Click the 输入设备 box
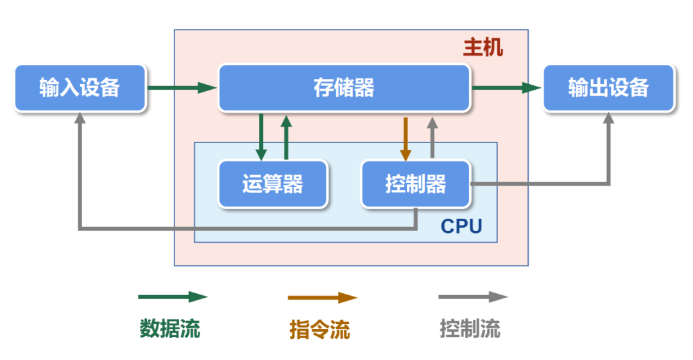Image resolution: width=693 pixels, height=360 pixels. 80,88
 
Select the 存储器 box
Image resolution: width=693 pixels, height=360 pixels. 344,88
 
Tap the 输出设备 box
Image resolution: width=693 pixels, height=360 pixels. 608,88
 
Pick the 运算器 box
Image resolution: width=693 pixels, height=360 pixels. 273,184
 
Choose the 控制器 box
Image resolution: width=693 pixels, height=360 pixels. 416,184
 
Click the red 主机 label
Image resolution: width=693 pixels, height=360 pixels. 483,48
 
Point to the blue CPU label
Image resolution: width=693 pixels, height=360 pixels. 461,227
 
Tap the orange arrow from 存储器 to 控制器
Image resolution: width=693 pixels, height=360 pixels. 406,138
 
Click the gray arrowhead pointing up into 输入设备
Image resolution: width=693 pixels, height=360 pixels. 80,119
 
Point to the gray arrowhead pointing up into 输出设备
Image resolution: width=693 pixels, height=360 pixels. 608,119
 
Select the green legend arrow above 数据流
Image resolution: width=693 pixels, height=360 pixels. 173,297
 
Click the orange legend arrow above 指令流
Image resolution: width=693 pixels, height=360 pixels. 322,298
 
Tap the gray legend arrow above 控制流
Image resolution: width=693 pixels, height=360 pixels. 473,297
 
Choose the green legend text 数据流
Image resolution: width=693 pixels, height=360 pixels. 170,329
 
